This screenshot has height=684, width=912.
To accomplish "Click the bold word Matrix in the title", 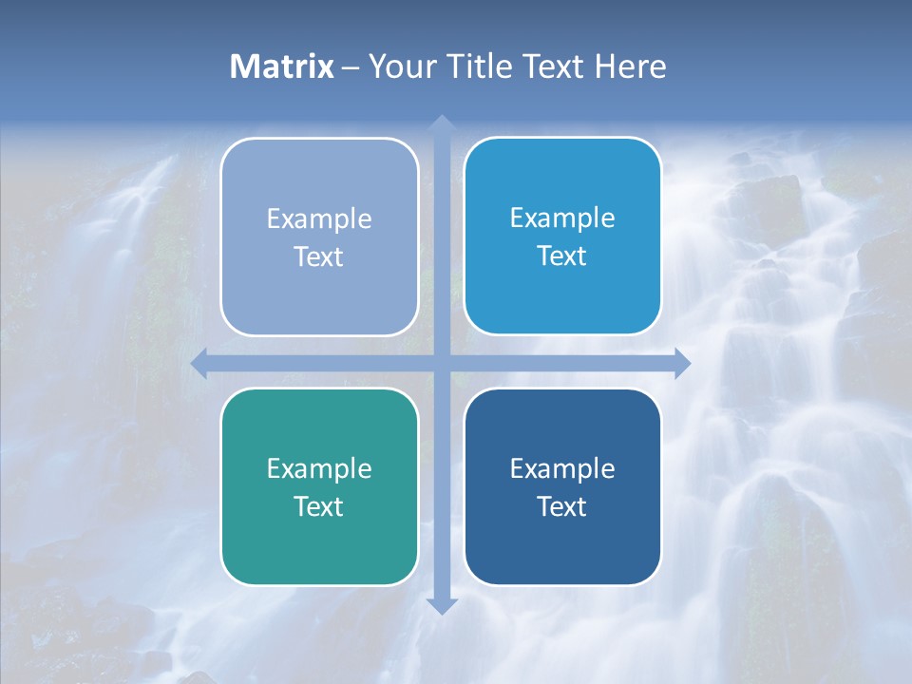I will (x=282, y=66).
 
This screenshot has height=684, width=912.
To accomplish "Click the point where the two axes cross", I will (x=441, y=364).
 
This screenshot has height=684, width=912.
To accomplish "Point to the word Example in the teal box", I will (x=319, y=468).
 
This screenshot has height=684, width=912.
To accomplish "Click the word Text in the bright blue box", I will (x=562, y=256).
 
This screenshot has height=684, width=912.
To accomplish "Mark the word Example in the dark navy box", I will (x=562, y=468).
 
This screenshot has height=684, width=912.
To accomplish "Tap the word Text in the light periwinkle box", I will (x=319, y=257).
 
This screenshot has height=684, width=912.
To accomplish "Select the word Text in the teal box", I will (x=319, y=506).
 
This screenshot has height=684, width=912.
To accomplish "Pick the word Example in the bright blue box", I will (x=562, y=218).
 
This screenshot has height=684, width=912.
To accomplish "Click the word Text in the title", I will (x=553, y=66).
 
